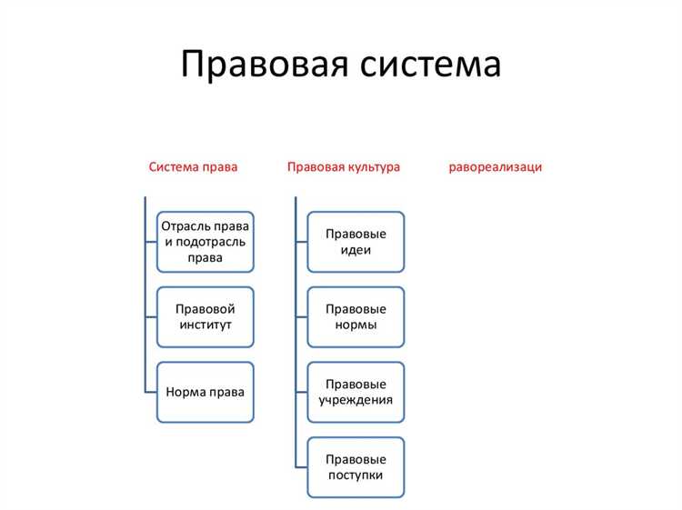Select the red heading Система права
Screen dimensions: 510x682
click(194, 167)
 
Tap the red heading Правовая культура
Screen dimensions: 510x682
click(343, 167)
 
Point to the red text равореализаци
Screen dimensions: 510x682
click(496, 167)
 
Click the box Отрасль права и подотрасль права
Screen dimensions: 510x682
click(206, 242)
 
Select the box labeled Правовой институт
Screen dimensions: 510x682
click(206, 316)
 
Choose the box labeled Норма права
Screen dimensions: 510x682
click(206, 392)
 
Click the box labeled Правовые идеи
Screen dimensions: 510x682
click(356, 242)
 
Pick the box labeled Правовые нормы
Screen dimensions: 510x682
click(356, 316)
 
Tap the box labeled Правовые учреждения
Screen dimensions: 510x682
click(356, 392)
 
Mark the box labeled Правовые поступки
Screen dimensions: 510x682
click(356, 467)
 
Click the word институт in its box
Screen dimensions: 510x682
click(206, 325)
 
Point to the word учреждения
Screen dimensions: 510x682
click(356, 400)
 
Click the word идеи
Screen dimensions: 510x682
click(356, 250)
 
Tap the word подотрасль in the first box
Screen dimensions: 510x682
click(216, 242)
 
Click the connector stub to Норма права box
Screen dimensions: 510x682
click(150, 392)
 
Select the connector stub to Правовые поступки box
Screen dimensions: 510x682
click(301, 467)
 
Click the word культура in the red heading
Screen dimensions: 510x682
click(373, 167)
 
